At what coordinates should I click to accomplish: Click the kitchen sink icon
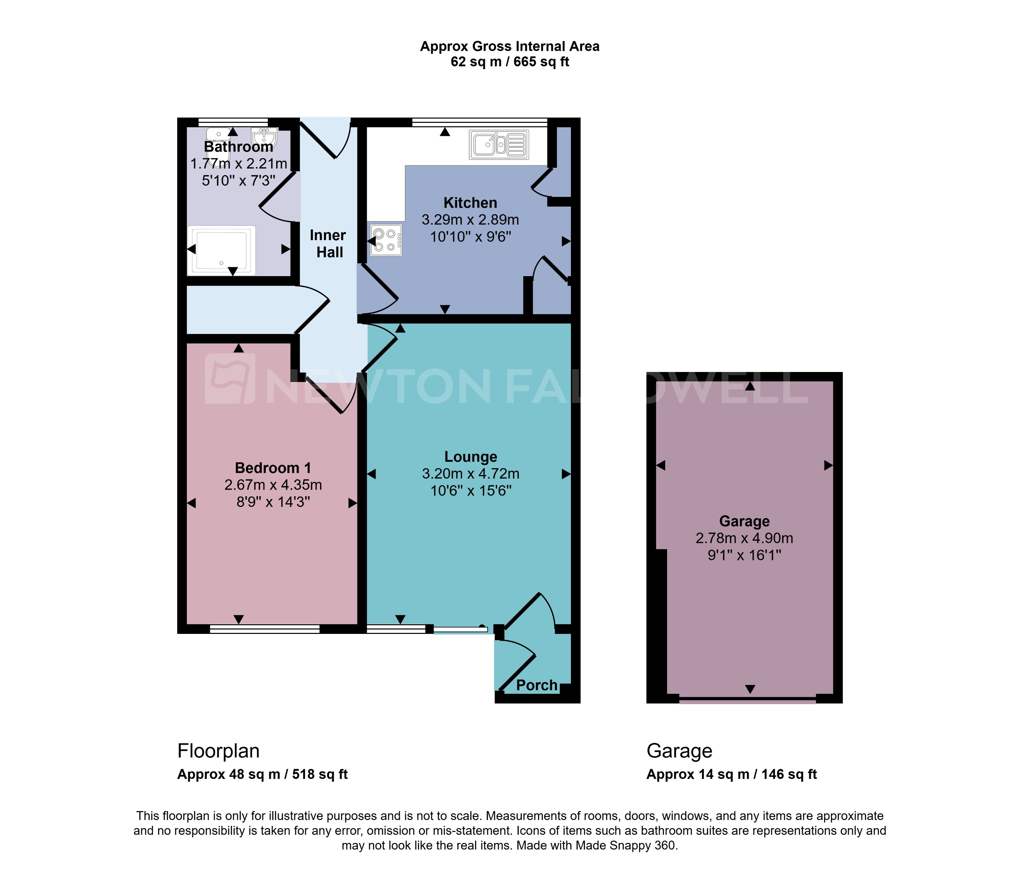(x=499, y=145)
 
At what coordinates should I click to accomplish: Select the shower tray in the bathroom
(x=221, y=251)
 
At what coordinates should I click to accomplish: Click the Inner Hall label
(x=328, y=244)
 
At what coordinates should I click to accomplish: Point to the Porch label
(x=537, y=685)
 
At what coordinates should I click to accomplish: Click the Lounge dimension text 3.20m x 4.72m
(x=470, y=474)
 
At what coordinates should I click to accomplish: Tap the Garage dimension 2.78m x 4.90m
(x=744, y=538)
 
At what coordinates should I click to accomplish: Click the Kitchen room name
(x=470, y=203)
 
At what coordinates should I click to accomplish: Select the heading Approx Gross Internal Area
(x=510, y=46)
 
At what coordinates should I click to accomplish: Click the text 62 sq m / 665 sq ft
(x=510, y=62)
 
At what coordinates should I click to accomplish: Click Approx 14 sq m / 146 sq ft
(x=731, y=774)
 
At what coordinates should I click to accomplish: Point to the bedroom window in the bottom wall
(x=264, y=629)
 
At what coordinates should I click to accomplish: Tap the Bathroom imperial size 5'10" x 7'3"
(x=238, y=181)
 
